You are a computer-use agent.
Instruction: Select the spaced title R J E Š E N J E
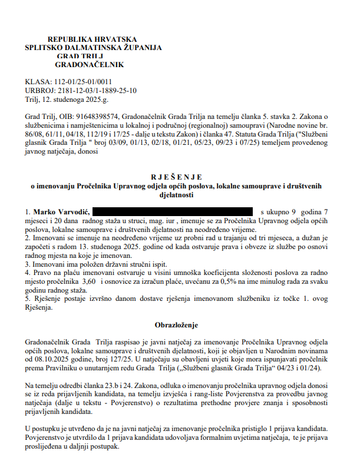pos(176,176)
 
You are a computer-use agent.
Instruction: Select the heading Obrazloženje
pos(176,324)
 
